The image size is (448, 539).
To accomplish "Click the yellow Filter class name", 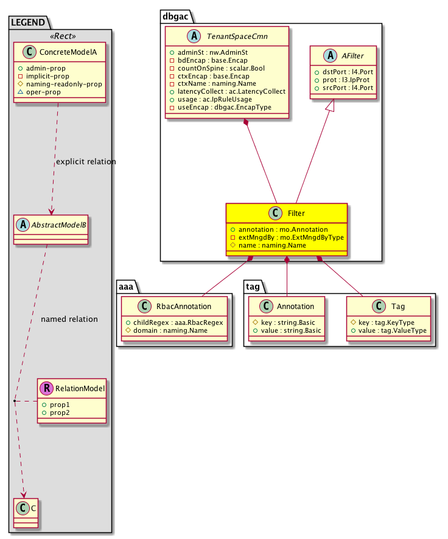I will click(x=296, y=214).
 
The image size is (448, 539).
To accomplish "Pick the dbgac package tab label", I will click(x=176, y=15).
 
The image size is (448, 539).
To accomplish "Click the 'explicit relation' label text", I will click(x=85, y=162).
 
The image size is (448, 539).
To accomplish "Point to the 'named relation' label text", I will click(x=69, y=319).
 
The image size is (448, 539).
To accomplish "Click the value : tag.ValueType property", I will click(x=388, y=330).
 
